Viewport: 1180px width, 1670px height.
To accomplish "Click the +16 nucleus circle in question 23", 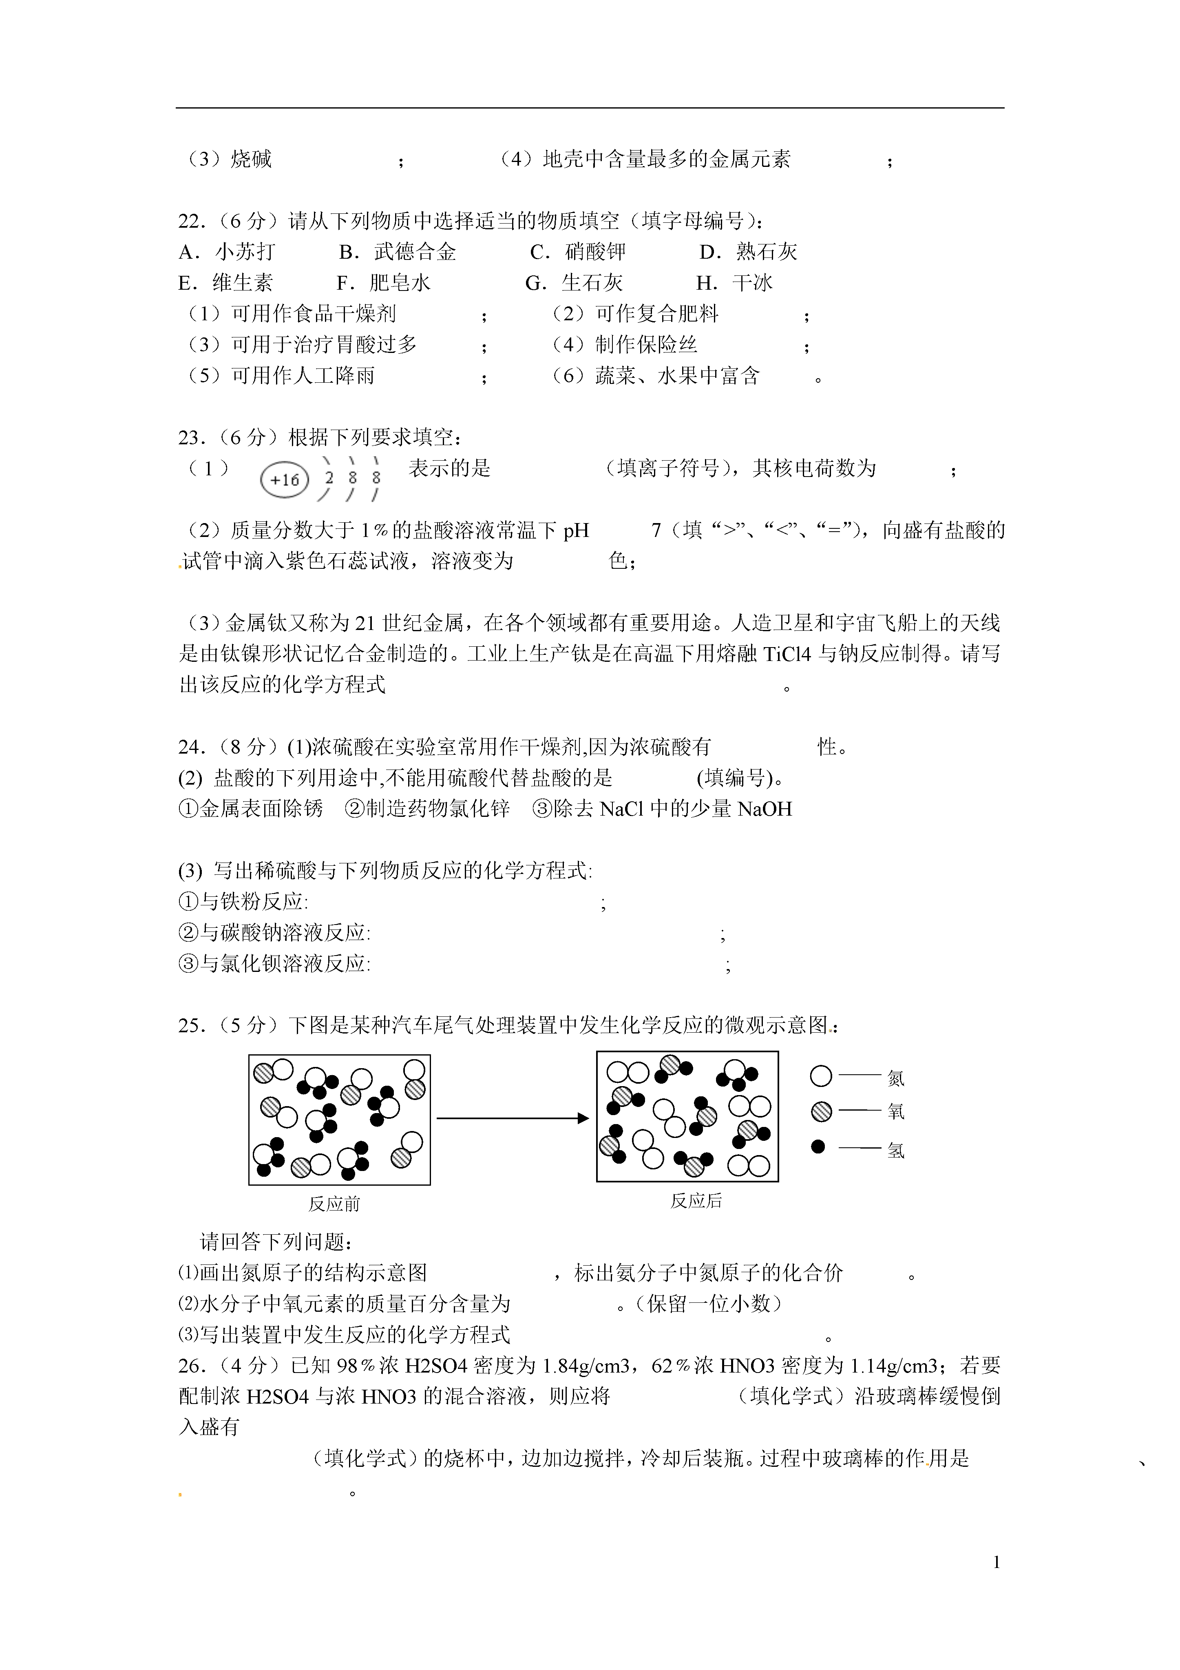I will [284, 480].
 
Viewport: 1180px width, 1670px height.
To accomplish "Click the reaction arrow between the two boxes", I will [513, 1118].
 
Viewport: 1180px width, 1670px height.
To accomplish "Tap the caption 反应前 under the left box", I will [334, 1204].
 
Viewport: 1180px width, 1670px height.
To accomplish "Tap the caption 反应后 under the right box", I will [696, 1201].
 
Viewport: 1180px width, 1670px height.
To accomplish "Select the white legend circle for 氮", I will [821, 1076].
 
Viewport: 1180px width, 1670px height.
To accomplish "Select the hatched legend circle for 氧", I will [821, 1111].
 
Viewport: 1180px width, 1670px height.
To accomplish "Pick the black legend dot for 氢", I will [818, 1146].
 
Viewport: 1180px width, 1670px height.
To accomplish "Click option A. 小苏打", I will [227, 252].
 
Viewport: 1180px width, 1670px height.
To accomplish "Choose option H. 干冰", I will [734, 283].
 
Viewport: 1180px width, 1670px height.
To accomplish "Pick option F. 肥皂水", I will [383, 283].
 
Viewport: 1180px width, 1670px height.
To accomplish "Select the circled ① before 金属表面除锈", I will [188, 809].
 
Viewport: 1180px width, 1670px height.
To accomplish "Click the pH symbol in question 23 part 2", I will [576, 530].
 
